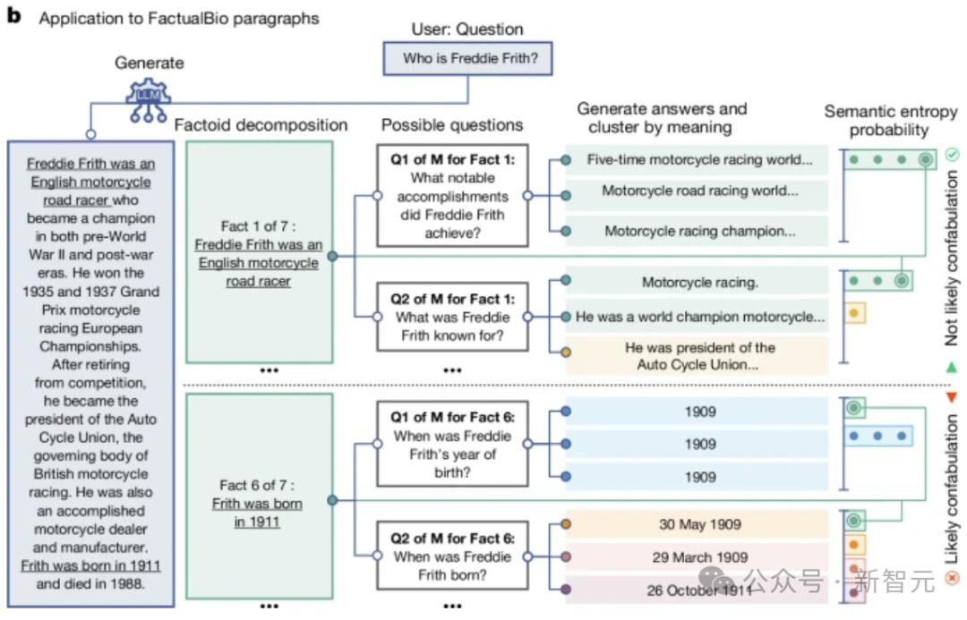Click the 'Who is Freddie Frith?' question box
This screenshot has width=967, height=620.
[x=466, y=60]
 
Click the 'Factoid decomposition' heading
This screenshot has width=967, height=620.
[x=261, y=124]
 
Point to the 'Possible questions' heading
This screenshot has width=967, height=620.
[x=452, y=124]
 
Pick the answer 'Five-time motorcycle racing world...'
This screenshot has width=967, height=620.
[x=698, y=160]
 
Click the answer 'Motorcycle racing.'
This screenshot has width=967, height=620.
[x=698, y=283]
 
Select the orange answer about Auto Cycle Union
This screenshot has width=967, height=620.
[x=698, y=356]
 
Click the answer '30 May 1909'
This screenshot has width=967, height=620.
[x=698, y=524]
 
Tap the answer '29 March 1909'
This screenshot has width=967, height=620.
[x=698, y=557]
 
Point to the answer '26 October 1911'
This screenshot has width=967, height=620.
[x=698, y=590]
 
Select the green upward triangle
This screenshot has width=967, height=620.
[x=951, y=367]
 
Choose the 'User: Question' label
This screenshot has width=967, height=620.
[x=466, y=29]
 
